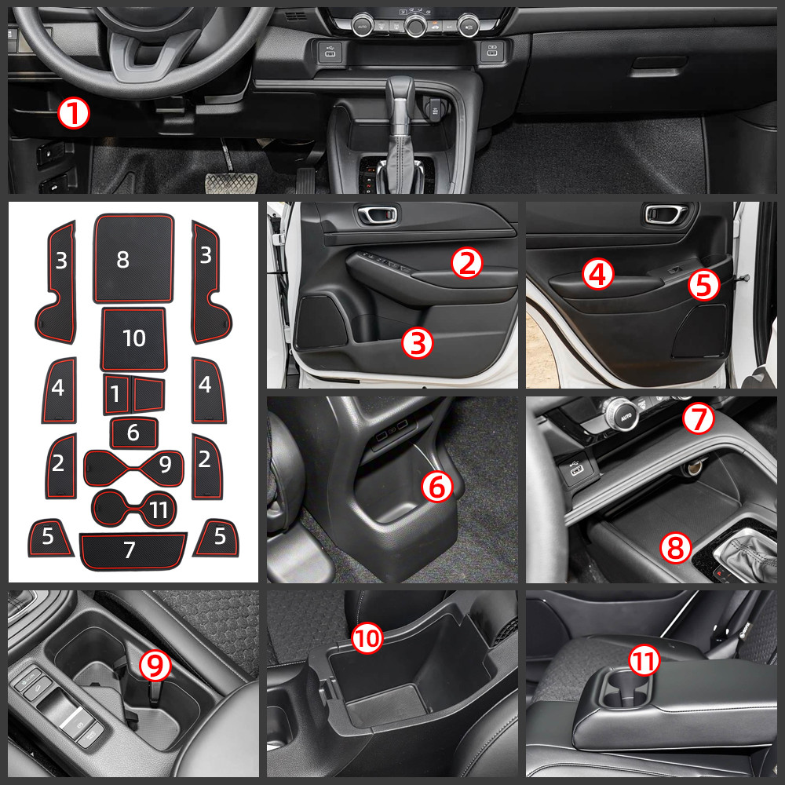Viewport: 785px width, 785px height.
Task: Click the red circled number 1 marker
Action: [x=74, y=115]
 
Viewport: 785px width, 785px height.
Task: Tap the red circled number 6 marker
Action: [x=437, y=487]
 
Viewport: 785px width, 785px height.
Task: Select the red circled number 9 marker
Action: [x=155, y=666]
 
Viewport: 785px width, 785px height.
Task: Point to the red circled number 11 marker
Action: [x=644, y=662]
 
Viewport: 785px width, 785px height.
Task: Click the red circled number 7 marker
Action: [x=697, y=420]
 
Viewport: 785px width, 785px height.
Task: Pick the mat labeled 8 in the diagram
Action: [x=133, y=259]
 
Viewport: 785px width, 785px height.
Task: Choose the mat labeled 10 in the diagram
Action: [x=134, y=338]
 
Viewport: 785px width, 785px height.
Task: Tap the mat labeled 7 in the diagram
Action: [x=131, y=549]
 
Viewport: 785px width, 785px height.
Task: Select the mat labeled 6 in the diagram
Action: [x=133, y=433]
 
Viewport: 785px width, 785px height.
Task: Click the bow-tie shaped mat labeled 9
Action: [x=133, y=468]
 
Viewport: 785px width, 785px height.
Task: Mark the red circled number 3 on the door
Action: [x=418, y=344]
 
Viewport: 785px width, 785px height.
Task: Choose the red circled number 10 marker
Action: [x=367, y=639]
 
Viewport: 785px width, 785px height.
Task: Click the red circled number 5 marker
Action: [x=703, y=284]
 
